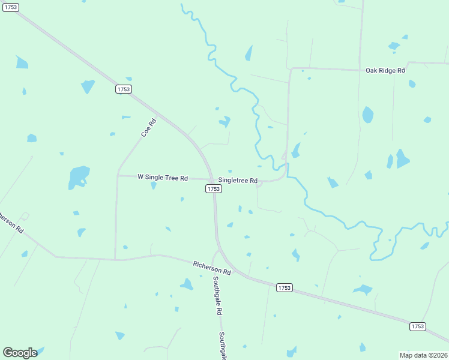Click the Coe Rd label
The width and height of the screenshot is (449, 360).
click(x=149, y=128)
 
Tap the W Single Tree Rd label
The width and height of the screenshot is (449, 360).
click(x=163, y=178)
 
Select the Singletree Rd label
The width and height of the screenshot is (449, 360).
click(x=238, y=181)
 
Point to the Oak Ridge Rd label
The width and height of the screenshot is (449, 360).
click(x=385, y=71)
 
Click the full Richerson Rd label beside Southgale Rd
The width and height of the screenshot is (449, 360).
click(x=212, y=268)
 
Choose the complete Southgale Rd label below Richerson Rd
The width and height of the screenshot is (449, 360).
click(x=217, y=296)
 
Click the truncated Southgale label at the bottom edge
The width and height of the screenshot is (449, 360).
click(x=222, y=346)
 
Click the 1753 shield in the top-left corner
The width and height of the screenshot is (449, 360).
click(x=10, y=7)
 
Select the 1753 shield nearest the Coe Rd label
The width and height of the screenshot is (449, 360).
click(x=124, y=89)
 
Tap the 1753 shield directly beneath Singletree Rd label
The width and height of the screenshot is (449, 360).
click(x=214, y=188)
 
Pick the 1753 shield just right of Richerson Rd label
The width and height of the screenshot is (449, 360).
click(x=285, y=288)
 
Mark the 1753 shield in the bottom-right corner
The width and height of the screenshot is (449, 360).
click(x=418, y=326)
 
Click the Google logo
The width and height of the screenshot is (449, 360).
click(x=20, y=353)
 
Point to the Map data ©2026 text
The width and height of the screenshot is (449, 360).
click(x=423, y=355)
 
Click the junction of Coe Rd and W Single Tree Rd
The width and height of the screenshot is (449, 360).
click(x=118, y=175)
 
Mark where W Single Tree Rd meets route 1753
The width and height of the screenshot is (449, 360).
click(x=211, y=179)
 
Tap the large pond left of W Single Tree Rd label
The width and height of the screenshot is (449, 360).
click(x=79, y=176)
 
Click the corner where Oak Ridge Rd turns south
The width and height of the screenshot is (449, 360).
click(x=291, y=69)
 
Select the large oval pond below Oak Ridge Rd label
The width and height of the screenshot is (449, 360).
click(x=367, y=115)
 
